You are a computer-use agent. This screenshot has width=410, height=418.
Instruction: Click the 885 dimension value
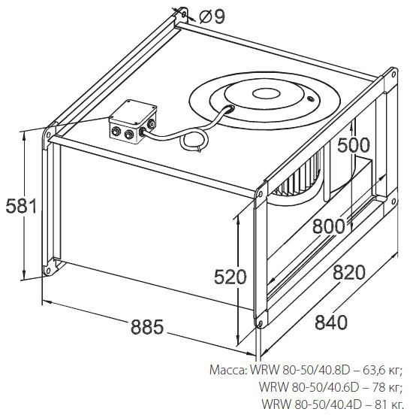click(147, 327)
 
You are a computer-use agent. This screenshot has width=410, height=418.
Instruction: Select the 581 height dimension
click(21, 206)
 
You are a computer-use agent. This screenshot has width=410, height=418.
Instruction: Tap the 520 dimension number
click(231, 277)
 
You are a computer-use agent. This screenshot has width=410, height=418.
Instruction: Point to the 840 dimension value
click(331, 322)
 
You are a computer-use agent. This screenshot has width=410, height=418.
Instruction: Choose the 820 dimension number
click(349, 272)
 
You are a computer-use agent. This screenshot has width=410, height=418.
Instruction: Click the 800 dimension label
click(328, 226)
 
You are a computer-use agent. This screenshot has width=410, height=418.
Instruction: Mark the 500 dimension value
click(354, 145)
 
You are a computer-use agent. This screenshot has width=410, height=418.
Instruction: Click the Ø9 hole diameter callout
click(213, 17)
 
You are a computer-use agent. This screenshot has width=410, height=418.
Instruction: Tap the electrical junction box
click(133, 122)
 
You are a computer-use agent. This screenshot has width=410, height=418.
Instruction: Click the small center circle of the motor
click(266, 93)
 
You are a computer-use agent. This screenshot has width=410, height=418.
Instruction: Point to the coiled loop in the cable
click(194, 141)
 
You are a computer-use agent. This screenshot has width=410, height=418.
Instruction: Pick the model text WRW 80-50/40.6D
click(309, 387)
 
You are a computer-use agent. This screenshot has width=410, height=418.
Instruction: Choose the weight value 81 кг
click(389, 404)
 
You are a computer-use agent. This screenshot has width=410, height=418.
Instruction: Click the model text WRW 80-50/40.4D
click(312, 404)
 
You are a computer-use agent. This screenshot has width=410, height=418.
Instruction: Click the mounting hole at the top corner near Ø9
click(184, 14)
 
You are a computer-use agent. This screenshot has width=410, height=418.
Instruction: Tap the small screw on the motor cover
click(310, 99)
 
